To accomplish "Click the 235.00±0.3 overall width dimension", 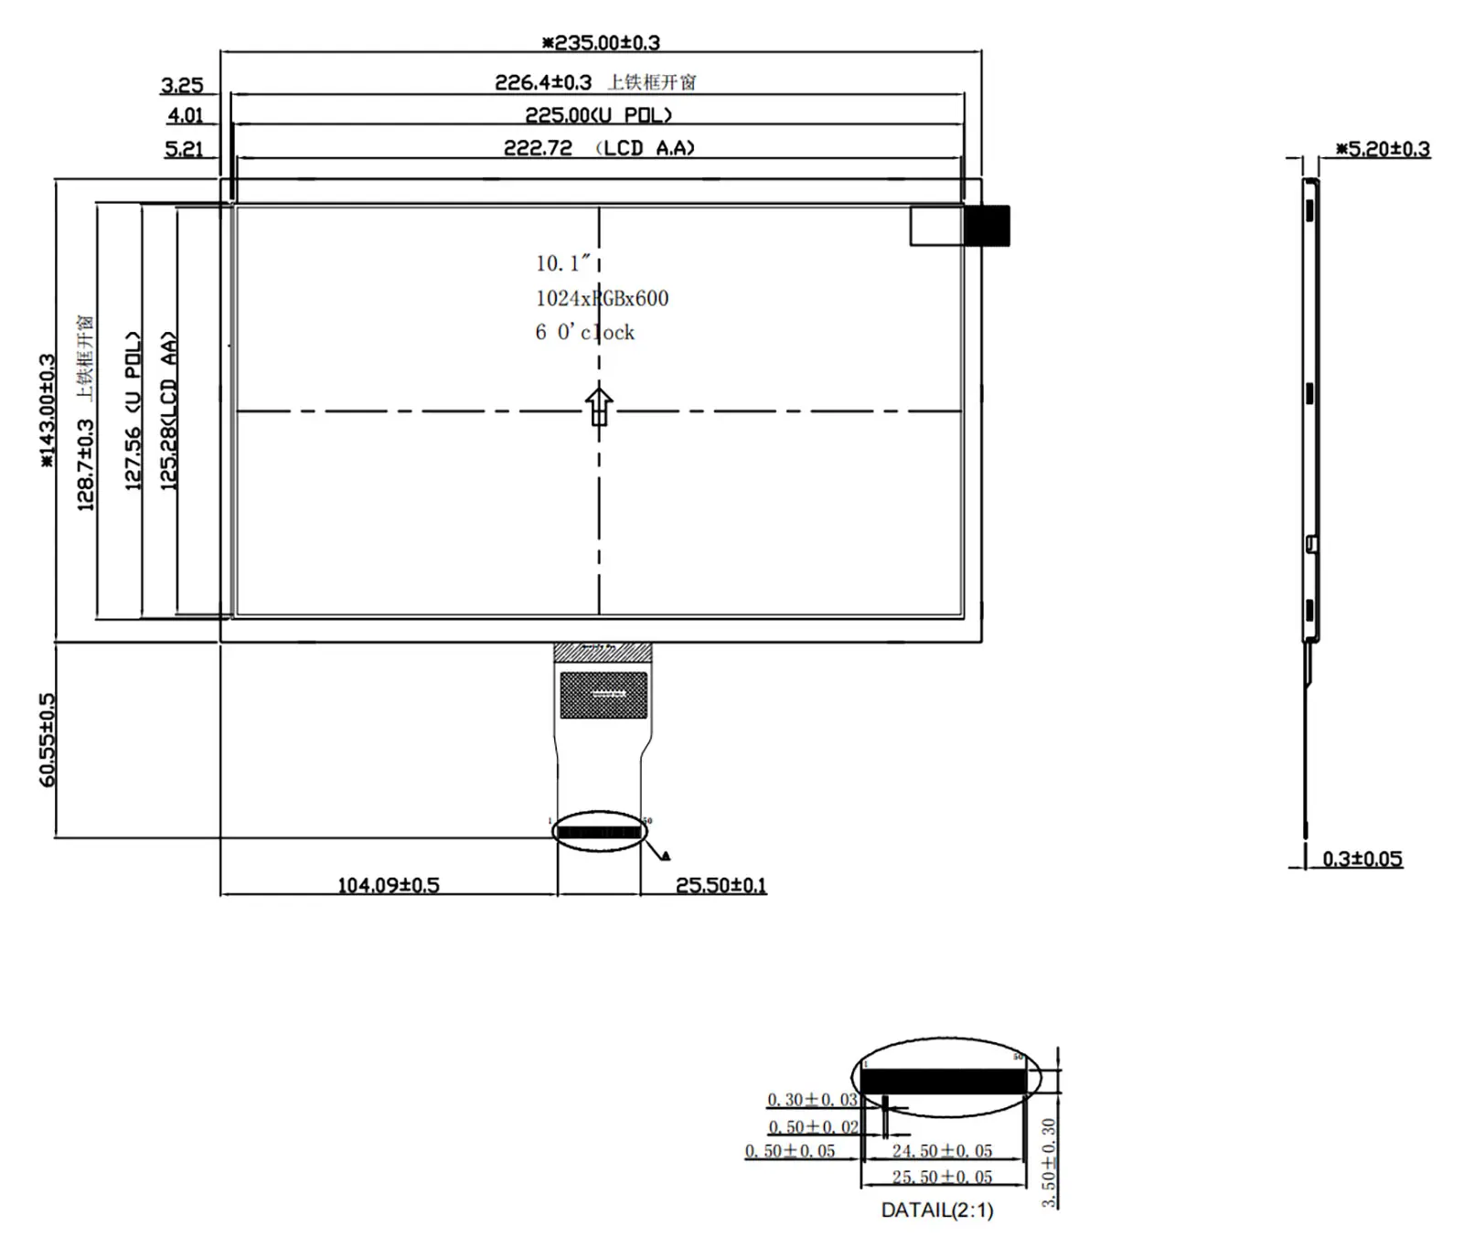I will (x=601, y=42).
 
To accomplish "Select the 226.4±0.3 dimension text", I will (x=543, y=82).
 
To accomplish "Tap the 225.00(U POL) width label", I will (x=599, y=115).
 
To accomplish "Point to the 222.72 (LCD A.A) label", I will (x=599, y=148).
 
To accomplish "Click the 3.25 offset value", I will (x=182, y=85).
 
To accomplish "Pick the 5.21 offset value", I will (x=184, y=149).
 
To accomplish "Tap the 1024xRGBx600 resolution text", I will (x=602, y=298).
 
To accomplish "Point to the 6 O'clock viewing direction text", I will (x=585, y=333).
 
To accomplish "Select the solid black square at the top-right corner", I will (x=987, y=226).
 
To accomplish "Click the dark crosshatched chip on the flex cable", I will (x=603, y=695).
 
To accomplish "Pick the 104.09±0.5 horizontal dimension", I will (x=389, y=885).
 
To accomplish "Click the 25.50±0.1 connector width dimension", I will (x=721, y=885).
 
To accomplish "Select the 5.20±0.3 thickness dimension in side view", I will (x=1383, y=149).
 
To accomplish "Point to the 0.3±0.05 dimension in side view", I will (x=1362, y=858).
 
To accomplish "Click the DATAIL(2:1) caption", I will (x=936, y=1210).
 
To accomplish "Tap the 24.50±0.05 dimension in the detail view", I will (x=942, y=1151).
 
